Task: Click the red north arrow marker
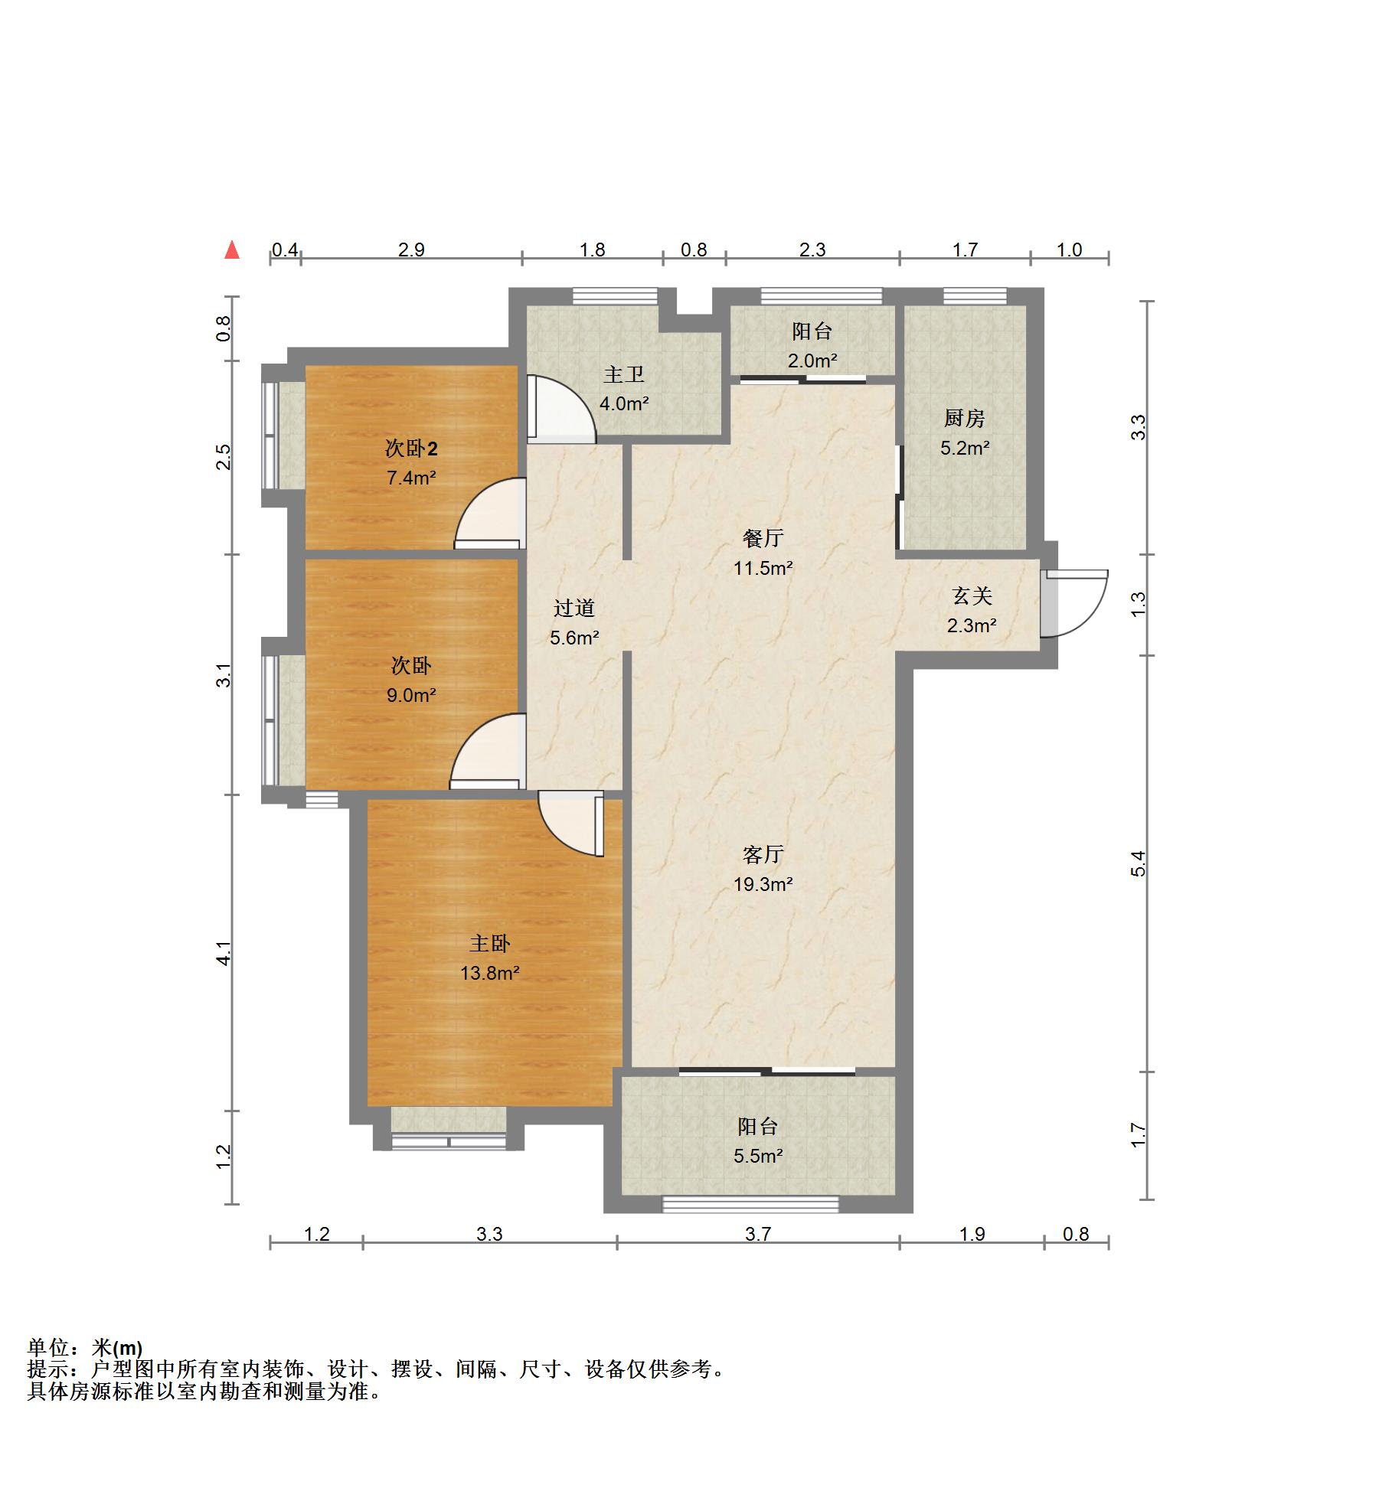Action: click(x=232, y=250)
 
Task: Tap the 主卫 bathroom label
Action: click(x=624, y=374)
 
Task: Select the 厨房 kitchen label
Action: click(x=964, y=418)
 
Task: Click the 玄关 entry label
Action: click(x=972, y=595)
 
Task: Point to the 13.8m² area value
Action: click(x=489, y=973)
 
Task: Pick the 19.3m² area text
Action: click(x=763, y=884)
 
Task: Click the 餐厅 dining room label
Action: click(x=763, y=538)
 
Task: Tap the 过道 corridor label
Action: click(x=574, y=608)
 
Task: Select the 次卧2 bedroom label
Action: click(x=411, y=448)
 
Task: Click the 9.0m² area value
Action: click(x=411, y=695)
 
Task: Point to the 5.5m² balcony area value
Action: click(x=758, y=1156)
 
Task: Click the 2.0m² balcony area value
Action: click(x=812, y=361)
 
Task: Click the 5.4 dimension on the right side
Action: click(x=1139, y=863)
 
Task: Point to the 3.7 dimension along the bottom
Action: click(x=758, y=1233)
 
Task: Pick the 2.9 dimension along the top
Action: click(x=411, y=250)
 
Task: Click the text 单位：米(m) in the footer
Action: click(x=85, y=1347)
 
